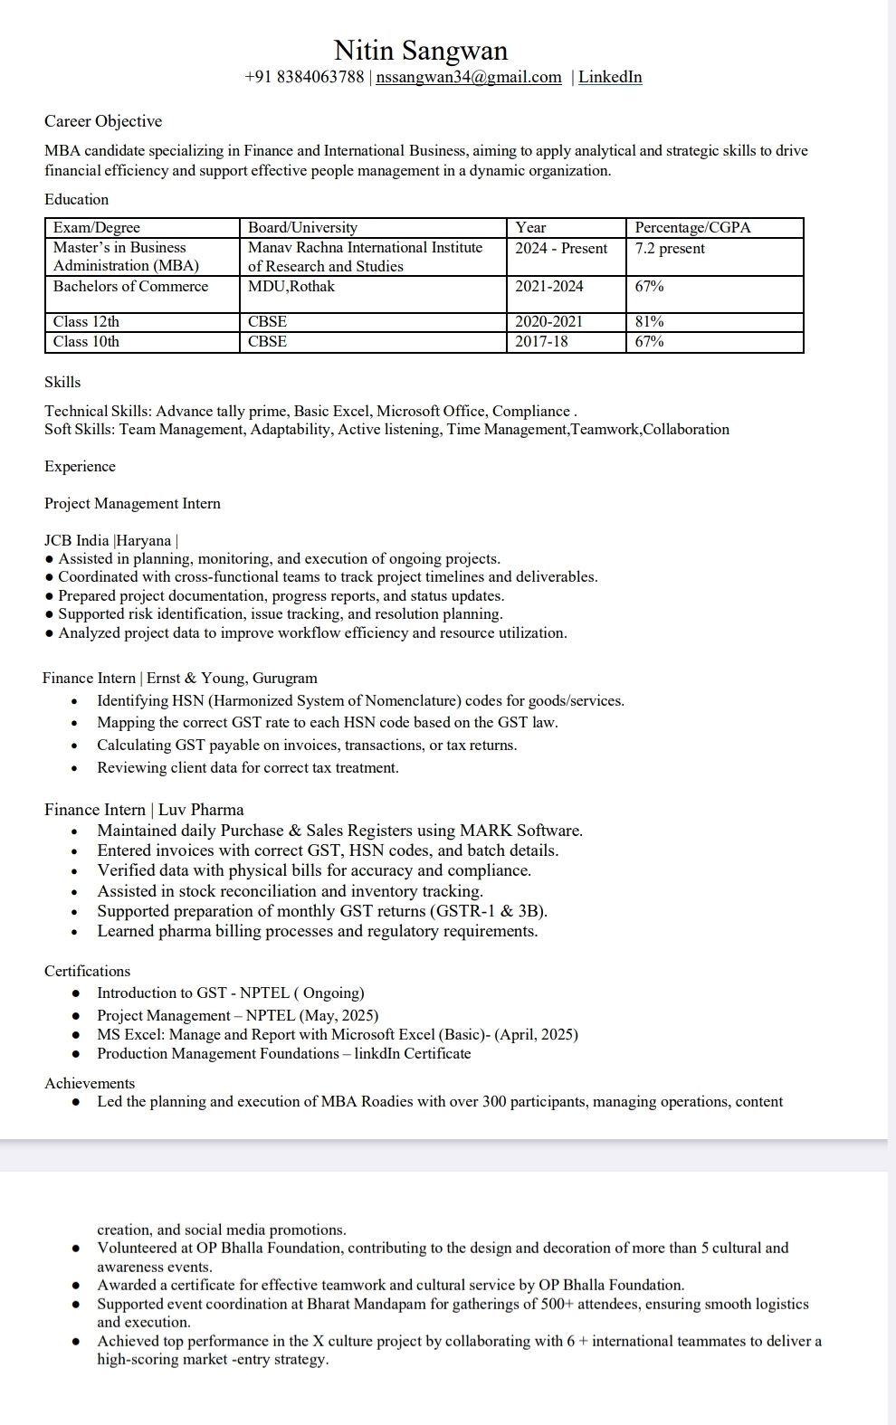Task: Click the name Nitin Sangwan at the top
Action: [421, 50]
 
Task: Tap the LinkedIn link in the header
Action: [610, 77]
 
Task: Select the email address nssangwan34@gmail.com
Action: [469, 77]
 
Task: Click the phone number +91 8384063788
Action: [304, 77]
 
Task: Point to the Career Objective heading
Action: [103, 121]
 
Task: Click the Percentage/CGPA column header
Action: [692, 227]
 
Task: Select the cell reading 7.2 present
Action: [670, 248]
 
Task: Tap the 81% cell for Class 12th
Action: [649, 321]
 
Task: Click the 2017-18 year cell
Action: [541, 341]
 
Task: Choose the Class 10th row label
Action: [86, 341]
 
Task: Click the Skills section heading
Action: [62, 382]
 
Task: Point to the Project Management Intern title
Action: [132, 503]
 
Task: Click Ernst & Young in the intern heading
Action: [195, 678]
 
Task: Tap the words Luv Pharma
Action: [201, 810]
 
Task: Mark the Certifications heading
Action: [87, 971]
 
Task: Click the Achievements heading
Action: [90, 1083]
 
